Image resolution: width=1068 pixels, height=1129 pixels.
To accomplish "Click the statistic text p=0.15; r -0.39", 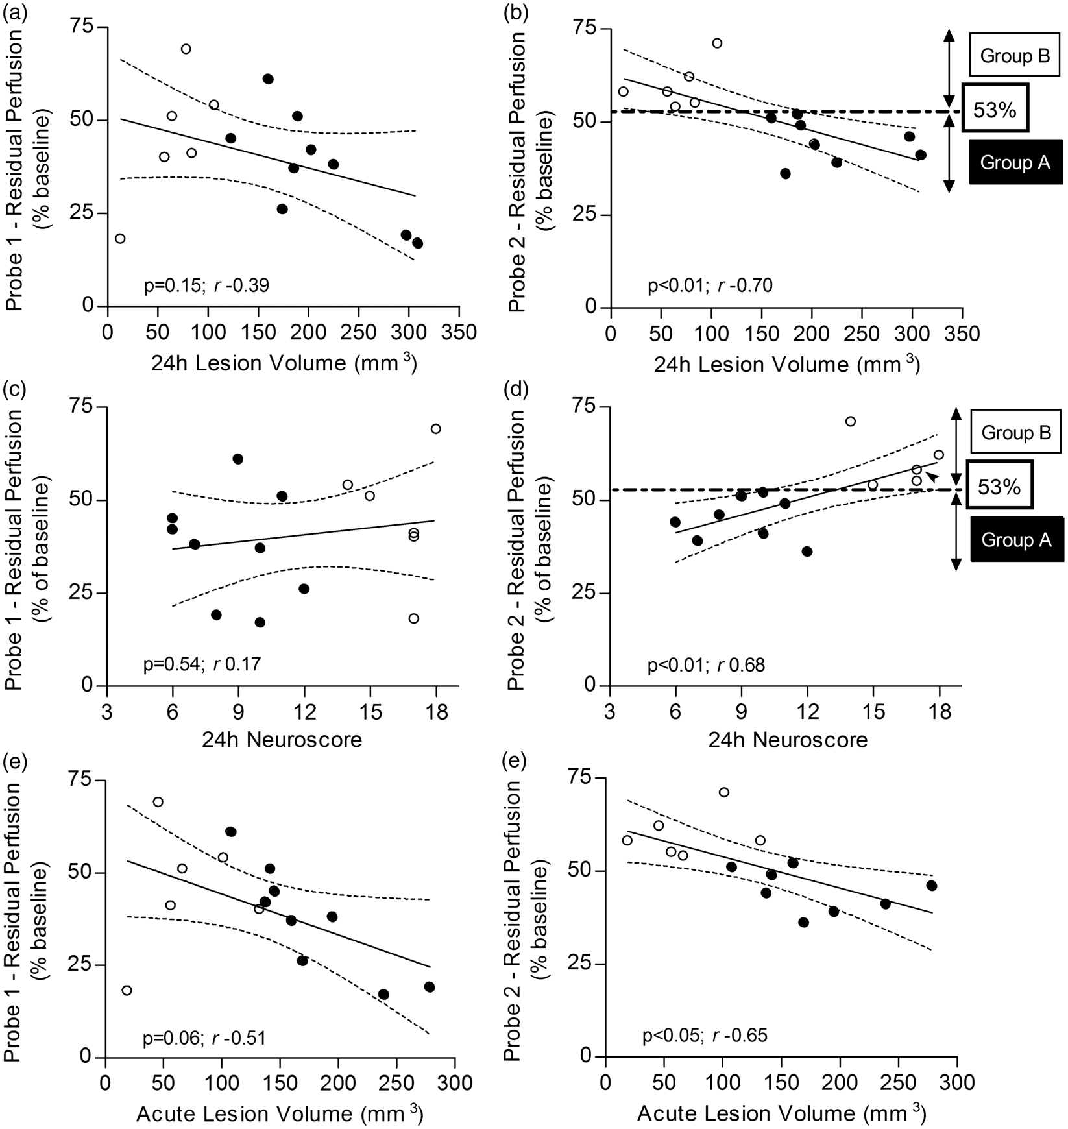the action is click(206, 285).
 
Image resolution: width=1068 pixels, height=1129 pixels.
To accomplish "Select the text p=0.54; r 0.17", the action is click(202, 664).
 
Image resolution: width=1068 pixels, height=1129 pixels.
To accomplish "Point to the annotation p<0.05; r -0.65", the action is click(705, 1034).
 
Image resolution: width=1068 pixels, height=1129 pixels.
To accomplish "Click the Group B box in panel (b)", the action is click(1015, 56).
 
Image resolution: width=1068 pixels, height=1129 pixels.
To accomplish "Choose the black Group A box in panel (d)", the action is click(1015, 539).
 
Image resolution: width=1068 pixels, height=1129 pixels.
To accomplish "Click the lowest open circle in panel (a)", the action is click(120, 238).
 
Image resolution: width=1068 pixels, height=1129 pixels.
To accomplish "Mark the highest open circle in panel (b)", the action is click(717, 43).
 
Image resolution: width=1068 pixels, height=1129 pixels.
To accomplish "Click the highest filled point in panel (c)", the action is click(237, 459).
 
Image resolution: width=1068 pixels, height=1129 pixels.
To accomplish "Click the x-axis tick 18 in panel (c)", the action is click(436, 712).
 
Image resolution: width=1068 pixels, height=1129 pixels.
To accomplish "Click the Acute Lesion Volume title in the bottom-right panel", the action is click(781, 1112).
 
